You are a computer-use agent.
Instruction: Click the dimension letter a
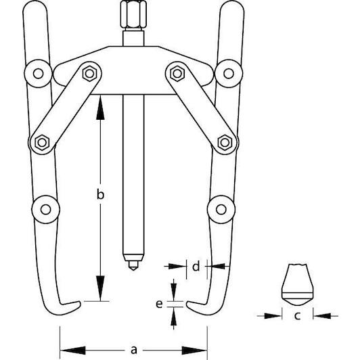pyautogui.click(x=133, y=351)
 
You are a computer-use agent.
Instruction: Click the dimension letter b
pyautogui.click(x=100, y=194)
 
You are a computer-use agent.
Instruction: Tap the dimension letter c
pyautogui.click(x=297, y=316)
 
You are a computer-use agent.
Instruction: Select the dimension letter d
pyautogui.click(x=196, y=267)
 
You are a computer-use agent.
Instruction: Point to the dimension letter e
pyautogui.click(x=159, y=304)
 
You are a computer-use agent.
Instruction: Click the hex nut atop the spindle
pyautogui.click(x=133, y=14)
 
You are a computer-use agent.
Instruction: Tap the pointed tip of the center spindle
pyautogui.click(x=133, y=270)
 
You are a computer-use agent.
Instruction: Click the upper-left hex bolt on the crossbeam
pyautogui.click(x=89, y=74)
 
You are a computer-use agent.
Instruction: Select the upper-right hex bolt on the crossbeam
pyautogui.click(x=177, y=74)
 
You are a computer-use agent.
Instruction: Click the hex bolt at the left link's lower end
pyautogui.click(x=42, y=143)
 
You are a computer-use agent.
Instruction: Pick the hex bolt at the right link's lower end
pyautogui.click(x=225, y=143)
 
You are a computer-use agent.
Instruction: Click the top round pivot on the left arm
pyautogui.click(x=38, y=74)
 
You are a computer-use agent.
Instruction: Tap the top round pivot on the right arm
pyautogui.click(x=229, y=74)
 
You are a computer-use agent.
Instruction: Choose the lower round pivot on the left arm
pyautogui.click(x=46, y=209)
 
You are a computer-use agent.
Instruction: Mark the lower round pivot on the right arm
pyautogui.click(x=221, y=209)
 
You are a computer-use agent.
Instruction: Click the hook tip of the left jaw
pyautogui.click(x=80, y=304)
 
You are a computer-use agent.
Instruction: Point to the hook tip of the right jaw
pyautogui.click(x=187, y=304)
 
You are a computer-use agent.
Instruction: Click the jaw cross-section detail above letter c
pyautogui.click(x=297, y=285)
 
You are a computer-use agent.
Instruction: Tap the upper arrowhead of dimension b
pyautogui.click(x=100, y=108)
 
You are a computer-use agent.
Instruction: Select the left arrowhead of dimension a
pyautogui.click(x=73, y=351)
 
